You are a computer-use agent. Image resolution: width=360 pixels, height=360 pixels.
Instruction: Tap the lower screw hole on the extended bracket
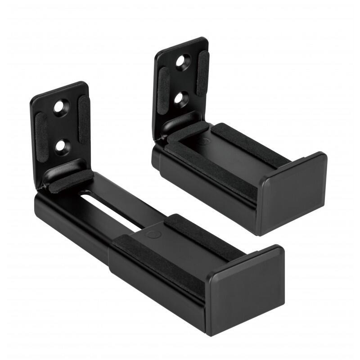click(59, 145)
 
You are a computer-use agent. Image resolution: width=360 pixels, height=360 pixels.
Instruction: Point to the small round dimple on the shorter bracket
click(205, 141)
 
